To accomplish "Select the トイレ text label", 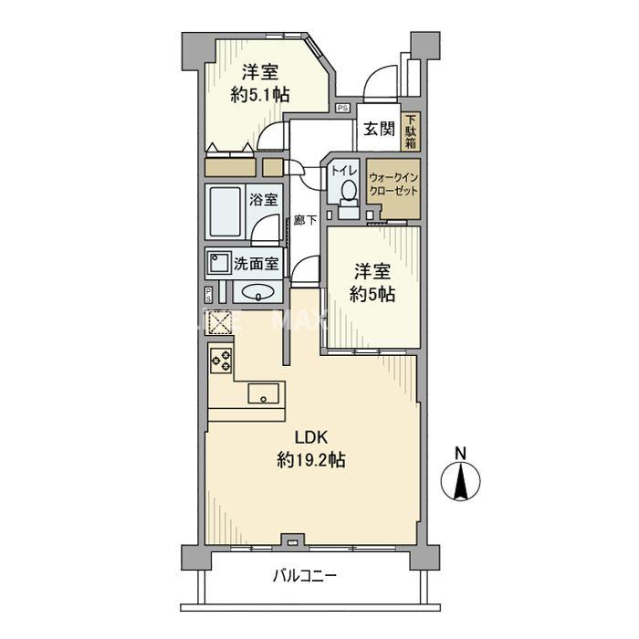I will coord(344,169).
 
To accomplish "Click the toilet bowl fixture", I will coord(348,193).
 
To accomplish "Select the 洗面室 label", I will coord(256,265).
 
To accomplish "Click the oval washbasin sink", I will coord(257,293).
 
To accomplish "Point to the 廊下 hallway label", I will coord(305,220).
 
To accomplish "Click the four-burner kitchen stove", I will coord(221,360).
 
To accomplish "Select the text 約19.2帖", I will coord(310,462).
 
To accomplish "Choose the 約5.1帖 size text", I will coord(260,94).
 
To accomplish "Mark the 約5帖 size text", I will coord(374,295).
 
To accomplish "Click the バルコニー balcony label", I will coord(305,577).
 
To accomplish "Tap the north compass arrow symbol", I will coord(462,481).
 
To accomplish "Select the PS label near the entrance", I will coord(341,108).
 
